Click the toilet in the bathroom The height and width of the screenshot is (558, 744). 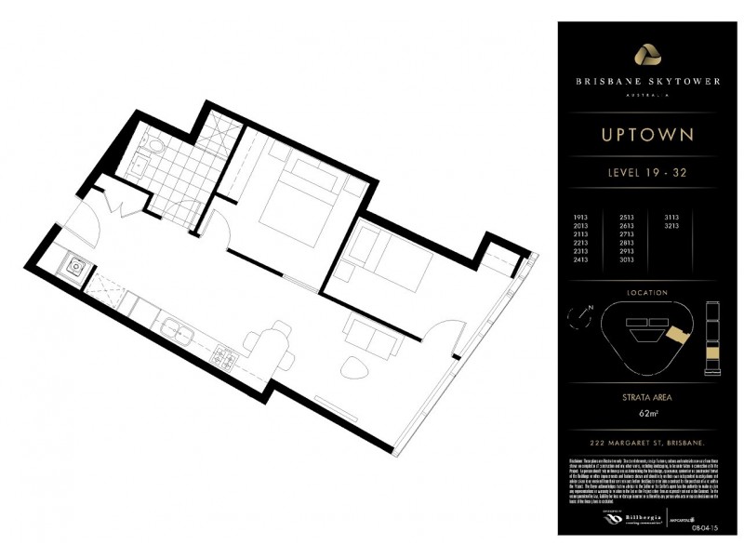(x=155, y=147)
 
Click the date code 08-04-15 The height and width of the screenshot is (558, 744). (x=703, y=525)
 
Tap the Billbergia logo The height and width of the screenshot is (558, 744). (x=614, y=517)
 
